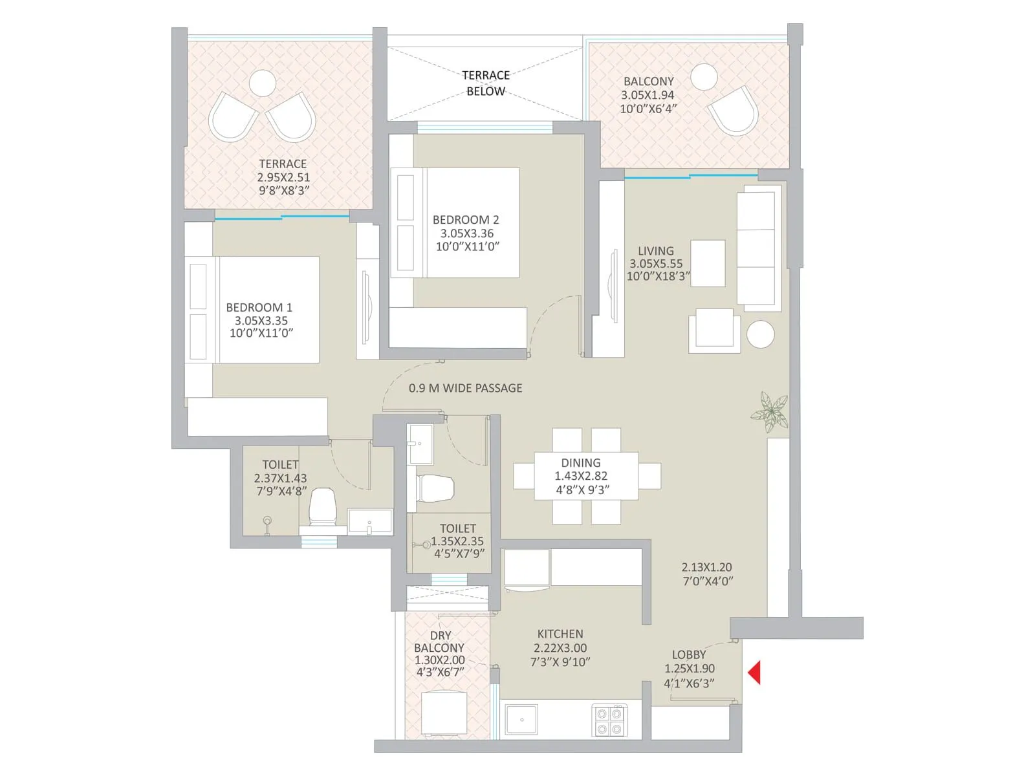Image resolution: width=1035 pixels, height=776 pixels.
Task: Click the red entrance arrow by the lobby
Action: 754,673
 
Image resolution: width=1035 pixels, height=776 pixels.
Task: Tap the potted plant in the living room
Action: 770,411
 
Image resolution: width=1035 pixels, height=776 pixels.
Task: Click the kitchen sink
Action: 521,719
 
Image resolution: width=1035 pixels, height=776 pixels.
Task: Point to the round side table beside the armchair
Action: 760,334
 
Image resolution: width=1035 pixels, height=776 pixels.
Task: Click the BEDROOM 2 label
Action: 466,220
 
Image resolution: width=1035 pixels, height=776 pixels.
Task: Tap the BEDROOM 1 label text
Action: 259,308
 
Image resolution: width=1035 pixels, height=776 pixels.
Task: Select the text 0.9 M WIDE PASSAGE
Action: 465,388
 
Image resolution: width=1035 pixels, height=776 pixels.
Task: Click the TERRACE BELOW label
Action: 486,83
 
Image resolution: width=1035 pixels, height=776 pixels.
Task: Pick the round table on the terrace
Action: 262,83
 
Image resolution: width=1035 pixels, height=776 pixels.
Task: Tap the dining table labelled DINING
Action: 585,476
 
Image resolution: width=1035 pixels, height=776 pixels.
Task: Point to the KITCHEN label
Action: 560,634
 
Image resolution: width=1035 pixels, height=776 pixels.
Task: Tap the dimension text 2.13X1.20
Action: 706,567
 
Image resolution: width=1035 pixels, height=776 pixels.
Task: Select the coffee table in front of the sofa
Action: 708,263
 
